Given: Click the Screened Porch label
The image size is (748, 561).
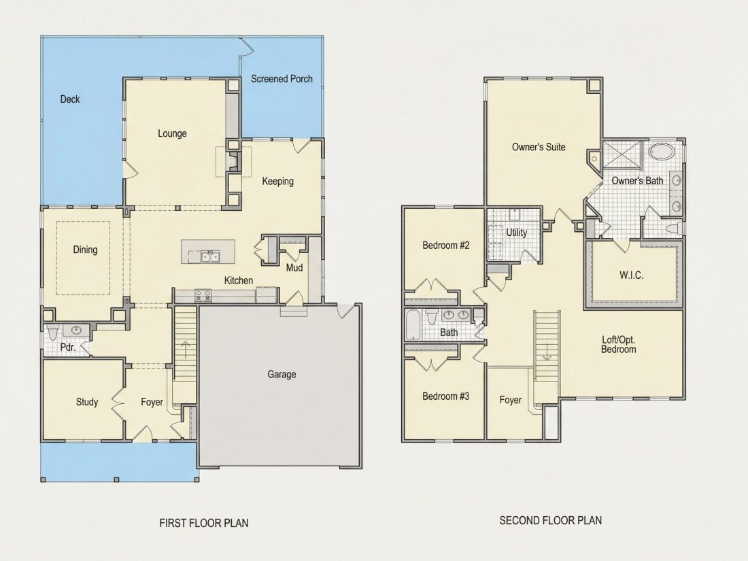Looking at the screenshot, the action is [282, 79].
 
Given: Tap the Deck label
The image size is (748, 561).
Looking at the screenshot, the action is [69, 99].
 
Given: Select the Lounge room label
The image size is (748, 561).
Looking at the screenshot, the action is [172, 133].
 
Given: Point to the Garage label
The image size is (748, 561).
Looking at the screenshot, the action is [282, 375].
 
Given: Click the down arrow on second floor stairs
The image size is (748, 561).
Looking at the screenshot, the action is [547, 350].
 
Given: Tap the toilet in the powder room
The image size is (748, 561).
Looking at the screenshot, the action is [53, 330].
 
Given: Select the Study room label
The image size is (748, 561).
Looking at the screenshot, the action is [87, 402].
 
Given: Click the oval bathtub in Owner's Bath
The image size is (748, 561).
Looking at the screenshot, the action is [662, 152].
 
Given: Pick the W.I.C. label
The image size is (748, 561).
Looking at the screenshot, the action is [631, 275].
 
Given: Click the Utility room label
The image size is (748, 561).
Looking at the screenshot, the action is [517, 233].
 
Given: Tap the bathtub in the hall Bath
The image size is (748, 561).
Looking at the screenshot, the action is [413, 324].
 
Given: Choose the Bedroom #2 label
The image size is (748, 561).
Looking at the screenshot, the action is [446, 245].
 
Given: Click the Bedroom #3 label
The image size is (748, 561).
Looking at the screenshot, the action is [446, 396].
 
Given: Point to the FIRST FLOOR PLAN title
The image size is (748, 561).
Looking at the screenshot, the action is [204, 524].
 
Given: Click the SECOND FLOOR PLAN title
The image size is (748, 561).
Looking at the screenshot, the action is [551, 520].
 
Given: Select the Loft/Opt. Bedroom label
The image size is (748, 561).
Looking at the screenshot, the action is [619, 345].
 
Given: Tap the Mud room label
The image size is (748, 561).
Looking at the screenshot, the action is [294, 268].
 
